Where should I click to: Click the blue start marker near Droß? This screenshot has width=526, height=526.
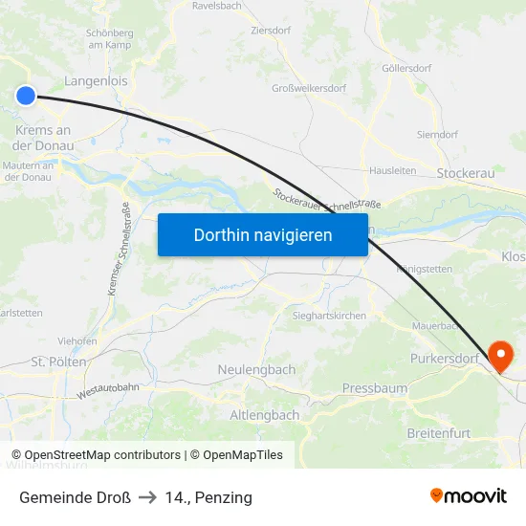(x=26, y=94)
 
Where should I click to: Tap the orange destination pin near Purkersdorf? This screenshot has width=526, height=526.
(x=500, y=356)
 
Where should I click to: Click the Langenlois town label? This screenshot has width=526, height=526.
(x=96, y=81)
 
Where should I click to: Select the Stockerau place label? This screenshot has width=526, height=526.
(x=466, y=173)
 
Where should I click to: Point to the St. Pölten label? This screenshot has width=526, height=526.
(x=59, y=362)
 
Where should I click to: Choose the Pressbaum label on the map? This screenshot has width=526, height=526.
(x=374, y=389)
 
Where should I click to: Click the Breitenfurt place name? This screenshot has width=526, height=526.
(x=438, y=433)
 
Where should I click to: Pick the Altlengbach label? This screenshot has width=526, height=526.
(x=265, y=415)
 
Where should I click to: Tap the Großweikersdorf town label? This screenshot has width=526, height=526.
(x=309, y=88)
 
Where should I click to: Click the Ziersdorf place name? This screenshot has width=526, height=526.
(x=270, y=31)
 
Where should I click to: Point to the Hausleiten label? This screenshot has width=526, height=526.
(x=392, y=171)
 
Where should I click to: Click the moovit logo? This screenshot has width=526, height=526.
(x=469, y=496)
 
